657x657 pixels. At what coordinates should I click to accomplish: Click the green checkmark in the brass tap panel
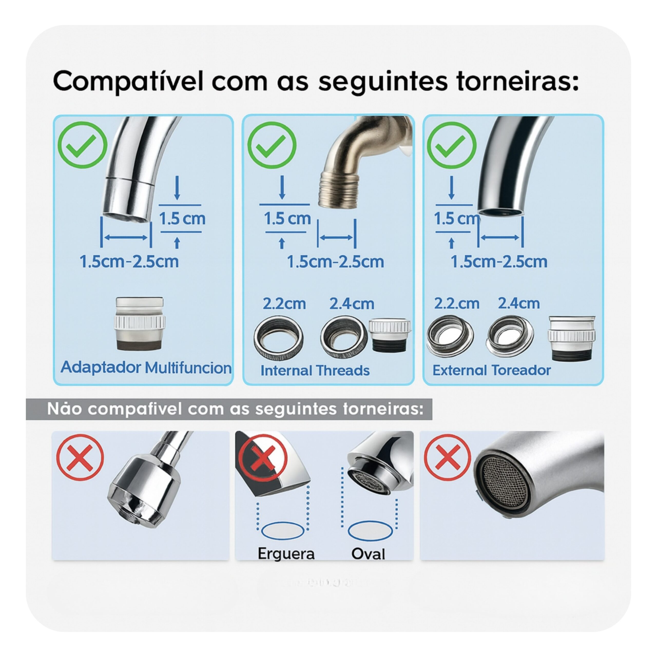pyautogui.click(x=272, y=145)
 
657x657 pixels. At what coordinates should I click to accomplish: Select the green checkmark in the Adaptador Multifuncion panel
pyautogui.click(x=82, y=145)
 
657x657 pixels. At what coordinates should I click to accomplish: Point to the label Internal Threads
pyautogui.click(x=315, y=371)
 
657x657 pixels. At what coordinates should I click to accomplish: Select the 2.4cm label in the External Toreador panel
pyautogui.click(x=519, y=303)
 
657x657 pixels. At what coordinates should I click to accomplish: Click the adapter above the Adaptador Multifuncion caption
pyautogui.click(x=139, y=324)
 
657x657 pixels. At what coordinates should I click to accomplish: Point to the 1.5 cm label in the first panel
pyautogui.click(x=182, y=219)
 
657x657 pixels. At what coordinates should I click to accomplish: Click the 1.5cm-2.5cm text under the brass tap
pyautogui.click(x=335, y=262)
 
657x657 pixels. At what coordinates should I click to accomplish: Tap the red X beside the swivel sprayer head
pyautogui.click(x=80, y=457)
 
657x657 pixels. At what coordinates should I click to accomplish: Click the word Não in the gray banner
pyautogui.click(x=65, y=409)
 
